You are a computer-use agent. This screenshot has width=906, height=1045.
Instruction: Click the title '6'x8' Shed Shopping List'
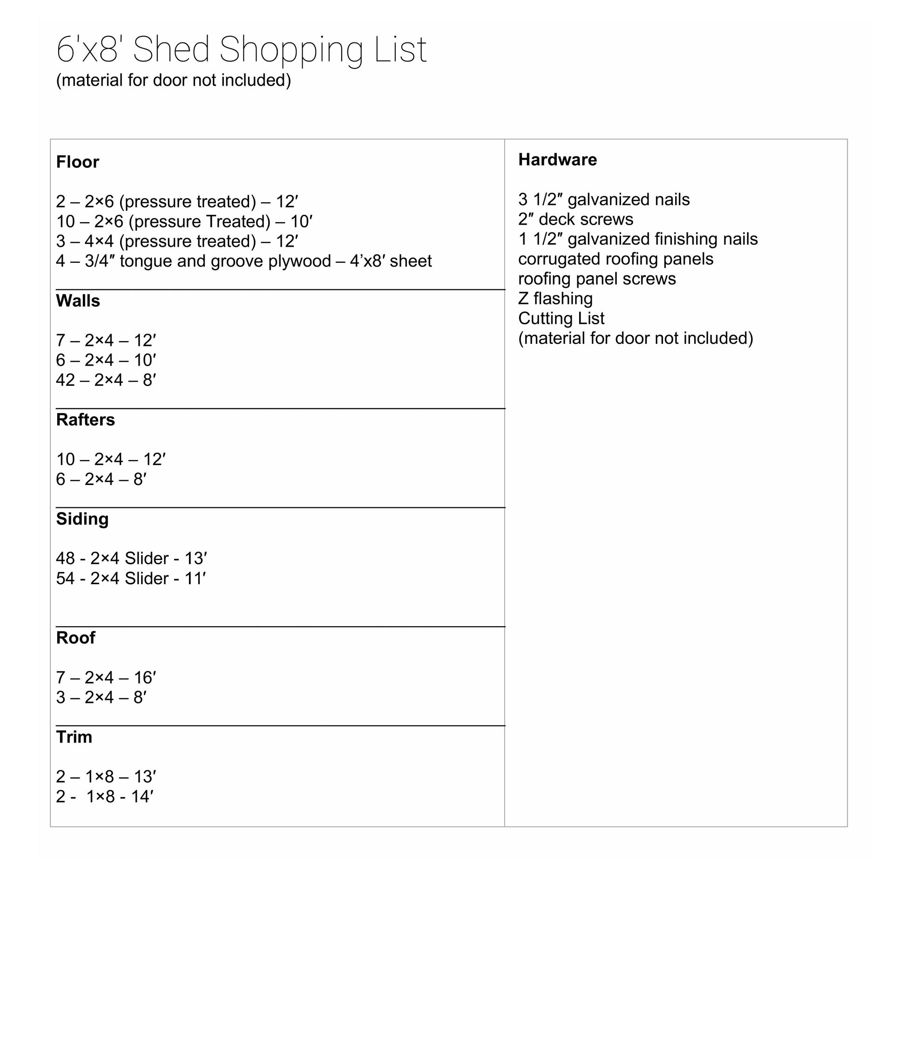point(241,49)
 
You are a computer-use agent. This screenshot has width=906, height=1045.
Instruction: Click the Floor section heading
point(77,163)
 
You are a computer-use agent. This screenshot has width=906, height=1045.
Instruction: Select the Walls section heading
point(78,301)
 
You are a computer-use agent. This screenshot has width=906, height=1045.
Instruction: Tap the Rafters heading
point(86,420)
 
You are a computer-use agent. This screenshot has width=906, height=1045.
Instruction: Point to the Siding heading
point(82,519)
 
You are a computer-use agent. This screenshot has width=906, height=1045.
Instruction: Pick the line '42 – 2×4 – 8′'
point(106,380)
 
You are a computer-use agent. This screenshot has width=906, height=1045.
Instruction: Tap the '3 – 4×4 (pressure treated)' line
point(177,241)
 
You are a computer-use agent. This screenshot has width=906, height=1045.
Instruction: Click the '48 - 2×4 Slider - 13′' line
point(131,559)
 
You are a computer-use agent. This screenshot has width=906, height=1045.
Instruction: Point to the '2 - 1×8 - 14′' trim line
point(105,797)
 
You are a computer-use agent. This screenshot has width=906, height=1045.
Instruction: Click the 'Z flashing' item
point(555,299)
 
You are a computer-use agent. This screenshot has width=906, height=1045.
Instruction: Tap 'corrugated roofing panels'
point(615,259)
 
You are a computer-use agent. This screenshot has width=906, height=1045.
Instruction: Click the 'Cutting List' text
point(561,318)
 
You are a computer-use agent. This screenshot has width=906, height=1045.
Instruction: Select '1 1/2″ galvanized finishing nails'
point(637,239)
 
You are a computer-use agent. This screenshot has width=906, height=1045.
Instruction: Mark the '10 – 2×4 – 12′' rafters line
point(111,459)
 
